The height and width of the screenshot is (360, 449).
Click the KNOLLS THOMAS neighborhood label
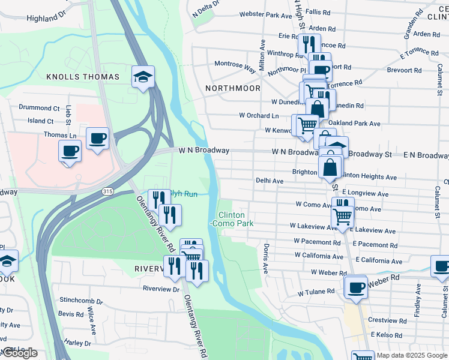click(x=91, y=77)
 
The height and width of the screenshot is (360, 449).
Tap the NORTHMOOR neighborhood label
click(x=232, y=88)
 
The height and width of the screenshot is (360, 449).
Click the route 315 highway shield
click(x=107, y=191)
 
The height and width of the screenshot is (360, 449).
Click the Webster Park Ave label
click(x=265, y=14)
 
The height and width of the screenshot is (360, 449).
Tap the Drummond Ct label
click(x=39, y=108)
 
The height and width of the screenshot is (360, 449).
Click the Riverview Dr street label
click(x=161, y=289)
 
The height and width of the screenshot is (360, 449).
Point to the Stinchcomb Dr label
click(x=79, y=300)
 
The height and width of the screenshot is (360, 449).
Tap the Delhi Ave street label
click(x=270, y=180)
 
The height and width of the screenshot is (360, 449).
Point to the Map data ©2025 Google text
click(x=412, y=355)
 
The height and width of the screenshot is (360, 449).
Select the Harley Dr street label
click(x=77, y=343)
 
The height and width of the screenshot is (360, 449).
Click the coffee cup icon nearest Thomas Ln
click(x=69, y=151)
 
